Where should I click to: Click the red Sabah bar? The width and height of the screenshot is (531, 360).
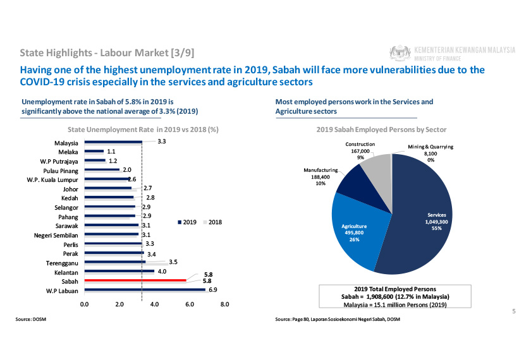pos(135,280)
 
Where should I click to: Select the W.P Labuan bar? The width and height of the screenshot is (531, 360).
pos(145,290)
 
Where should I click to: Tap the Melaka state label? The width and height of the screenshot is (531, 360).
pos(68,152)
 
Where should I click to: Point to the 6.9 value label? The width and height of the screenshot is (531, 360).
pos(213,290)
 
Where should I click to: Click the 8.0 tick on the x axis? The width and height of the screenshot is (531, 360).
pos(224,304)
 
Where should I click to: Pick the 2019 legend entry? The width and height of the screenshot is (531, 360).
pos(188,222)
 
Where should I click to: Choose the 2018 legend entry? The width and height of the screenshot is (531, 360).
pos(212,222)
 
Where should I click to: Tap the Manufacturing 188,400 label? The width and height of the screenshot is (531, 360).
pos(320,177)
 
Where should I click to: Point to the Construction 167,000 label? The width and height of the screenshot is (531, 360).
pos(360,151)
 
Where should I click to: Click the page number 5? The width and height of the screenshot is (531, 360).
pos(513,311)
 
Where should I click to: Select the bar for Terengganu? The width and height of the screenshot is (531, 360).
pos(114,261)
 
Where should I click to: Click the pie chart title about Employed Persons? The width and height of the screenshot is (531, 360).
pos(381,129)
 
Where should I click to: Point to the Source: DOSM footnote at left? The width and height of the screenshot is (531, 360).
pos(31,320)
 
